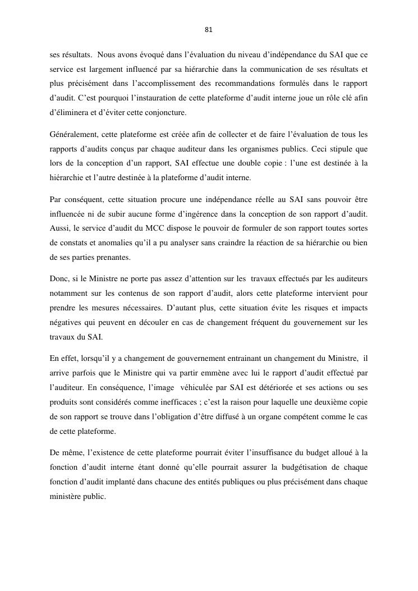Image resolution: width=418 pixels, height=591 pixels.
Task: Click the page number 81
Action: (209, 29)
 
